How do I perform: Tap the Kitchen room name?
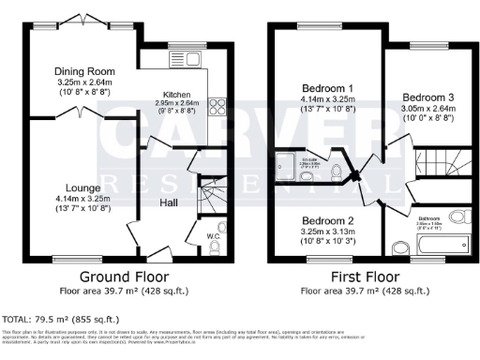[x=178, y=95]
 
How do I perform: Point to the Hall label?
[x=169, y=202]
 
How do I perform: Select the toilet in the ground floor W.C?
[x=214, y=247]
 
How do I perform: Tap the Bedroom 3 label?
[x=427, y=97]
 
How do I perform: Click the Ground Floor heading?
[x=124, y=277]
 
